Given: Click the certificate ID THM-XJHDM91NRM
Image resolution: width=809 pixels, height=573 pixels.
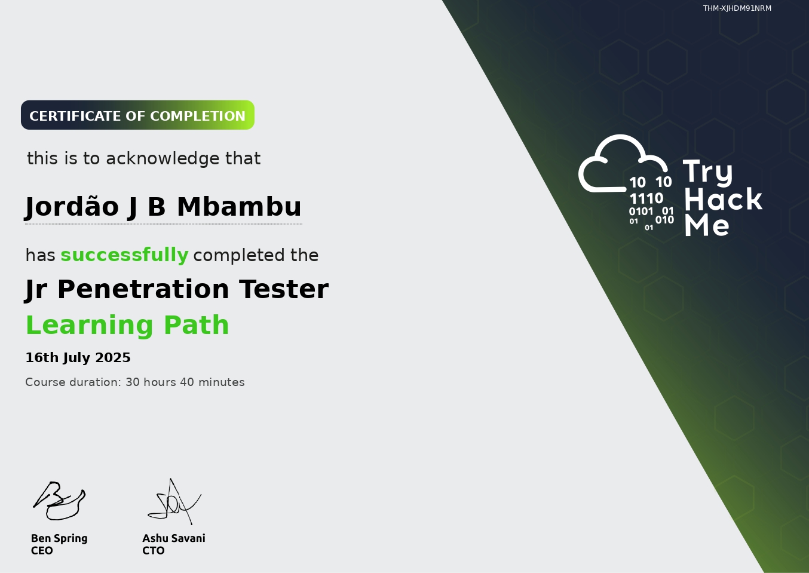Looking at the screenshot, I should point(737,8).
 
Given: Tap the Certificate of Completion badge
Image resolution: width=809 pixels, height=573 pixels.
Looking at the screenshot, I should point(137,115).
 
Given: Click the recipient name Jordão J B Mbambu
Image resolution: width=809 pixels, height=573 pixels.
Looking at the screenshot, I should point(163,207).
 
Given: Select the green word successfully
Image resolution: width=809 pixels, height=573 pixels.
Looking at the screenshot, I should point(124,255).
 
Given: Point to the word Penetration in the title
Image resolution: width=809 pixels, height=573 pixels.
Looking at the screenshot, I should point(143,289).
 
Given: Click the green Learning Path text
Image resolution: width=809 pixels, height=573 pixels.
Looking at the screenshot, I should point(127,326).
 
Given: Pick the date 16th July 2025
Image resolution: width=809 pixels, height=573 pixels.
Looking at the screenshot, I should point(78,358).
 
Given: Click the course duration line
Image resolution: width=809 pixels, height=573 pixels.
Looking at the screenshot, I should point(135,382).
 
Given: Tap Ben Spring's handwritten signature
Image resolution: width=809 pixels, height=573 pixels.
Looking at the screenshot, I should point(59,501).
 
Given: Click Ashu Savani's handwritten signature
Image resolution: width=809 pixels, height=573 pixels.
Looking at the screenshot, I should point(173,502).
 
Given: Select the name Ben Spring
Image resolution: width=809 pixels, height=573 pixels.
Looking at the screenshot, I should point(59,538).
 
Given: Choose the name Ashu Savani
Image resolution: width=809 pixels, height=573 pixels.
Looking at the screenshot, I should point(174,538).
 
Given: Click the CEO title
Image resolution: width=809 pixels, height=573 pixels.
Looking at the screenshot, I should point(42,551).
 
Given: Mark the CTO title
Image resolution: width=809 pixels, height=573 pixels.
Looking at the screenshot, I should point(153,551).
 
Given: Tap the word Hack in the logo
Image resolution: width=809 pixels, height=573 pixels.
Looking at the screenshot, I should point(723,200).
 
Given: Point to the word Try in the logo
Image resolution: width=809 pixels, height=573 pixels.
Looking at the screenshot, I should point(707,172).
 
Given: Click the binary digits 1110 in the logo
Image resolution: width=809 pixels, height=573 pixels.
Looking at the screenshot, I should point(646,198).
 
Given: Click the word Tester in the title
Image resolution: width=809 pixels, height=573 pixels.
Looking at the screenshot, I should point(284,289).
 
